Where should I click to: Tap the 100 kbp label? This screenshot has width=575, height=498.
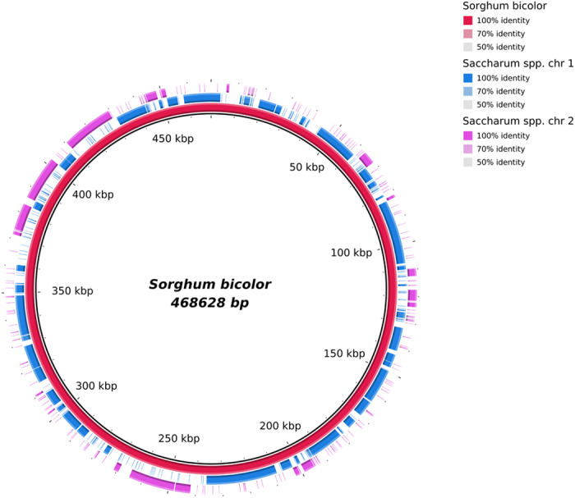pyautogui.click(x=352, y=253)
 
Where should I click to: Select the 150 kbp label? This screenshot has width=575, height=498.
pyautogui.click(x=344, y=354)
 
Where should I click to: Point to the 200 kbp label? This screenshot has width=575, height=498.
pyautogui.click(x=280, y=426)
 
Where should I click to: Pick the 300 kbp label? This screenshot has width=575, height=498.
pyautogui.click(x=96, y=386)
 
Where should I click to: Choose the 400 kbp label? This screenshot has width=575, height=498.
pyautogui.click(x=94, y=194)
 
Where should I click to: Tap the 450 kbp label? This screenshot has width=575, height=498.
pyautogui.click(x=173, y=139)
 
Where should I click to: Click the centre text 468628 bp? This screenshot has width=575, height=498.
pyautogui.click(x=209, y=303)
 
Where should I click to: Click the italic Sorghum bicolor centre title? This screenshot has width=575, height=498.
pyautogui.click(x=209, y=285)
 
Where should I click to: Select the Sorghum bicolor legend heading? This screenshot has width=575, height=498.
pyautogui.click(x=502, y=6)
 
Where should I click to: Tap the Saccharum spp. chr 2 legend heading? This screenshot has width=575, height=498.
pyautogui.click(x=515, y=121)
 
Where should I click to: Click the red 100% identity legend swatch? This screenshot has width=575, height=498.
pyautogui.click(x=467, y=20)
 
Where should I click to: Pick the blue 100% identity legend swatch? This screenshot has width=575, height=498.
pyautogui.click(x=467, y=77)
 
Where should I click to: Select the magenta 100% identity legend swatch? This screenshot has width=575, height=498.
pyautogui.click(x=467, y=135)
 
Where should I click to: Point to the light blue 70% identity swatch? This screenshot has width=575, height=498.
pyautogui.click(x=467, y=91)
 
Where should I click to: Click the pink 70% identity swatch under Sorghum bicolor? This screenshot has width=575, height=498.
pyautogui.click(x=467, y=34)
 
